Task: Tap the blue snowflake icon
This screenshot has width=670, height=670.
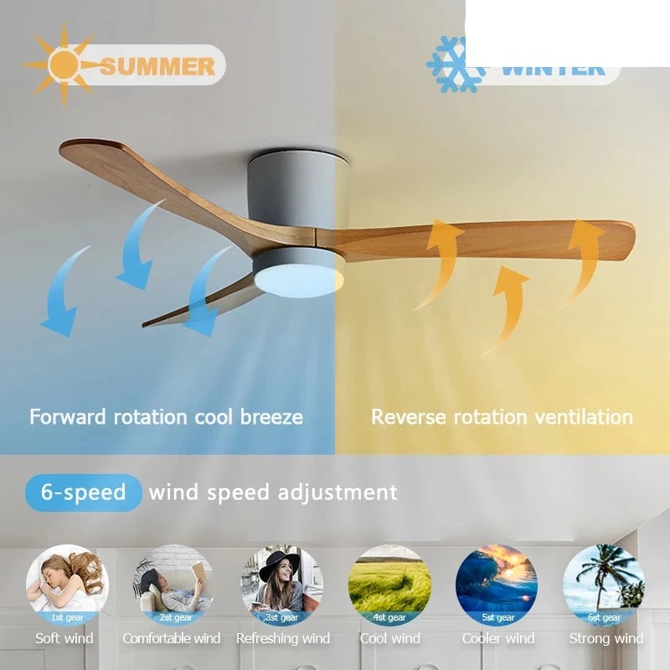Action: point(456,64)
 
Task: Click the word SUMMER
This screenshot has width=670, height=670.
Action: point(157,66)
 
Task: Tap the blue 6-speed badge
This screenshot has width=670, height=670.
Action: point(83,492)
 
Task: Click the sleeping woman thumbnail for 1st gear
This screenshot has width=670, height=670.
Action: point(66,584)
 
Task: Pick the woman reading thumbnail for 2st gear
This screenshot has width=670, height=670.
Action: point(174,584)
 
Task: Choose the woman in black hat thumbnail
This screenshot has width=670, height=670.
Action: point(281,584)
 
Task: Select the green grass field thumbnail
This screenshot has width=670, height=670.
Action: point(389,584)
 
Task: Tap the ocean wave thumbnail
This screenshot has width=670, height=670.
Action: point(497,584)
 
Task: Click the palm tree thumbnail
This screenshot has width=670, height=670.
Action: point(604,584)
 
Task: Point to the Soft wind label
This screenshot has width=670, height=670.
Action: point(64,638)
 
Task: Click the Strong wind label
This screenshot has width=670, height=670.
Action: point(606,638)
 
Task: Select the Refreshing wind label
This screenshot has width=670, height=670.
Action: point(283,638)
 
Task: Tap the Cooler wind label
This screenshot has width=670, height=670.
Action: point(498,638)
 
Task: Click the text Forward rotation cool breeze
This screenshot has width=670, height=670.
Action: point(166,416)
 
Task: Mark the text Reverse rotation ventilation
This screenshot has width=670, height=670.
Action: point(502,416)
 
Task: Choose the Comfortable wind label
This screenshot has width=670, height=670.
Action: point(172,638)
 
